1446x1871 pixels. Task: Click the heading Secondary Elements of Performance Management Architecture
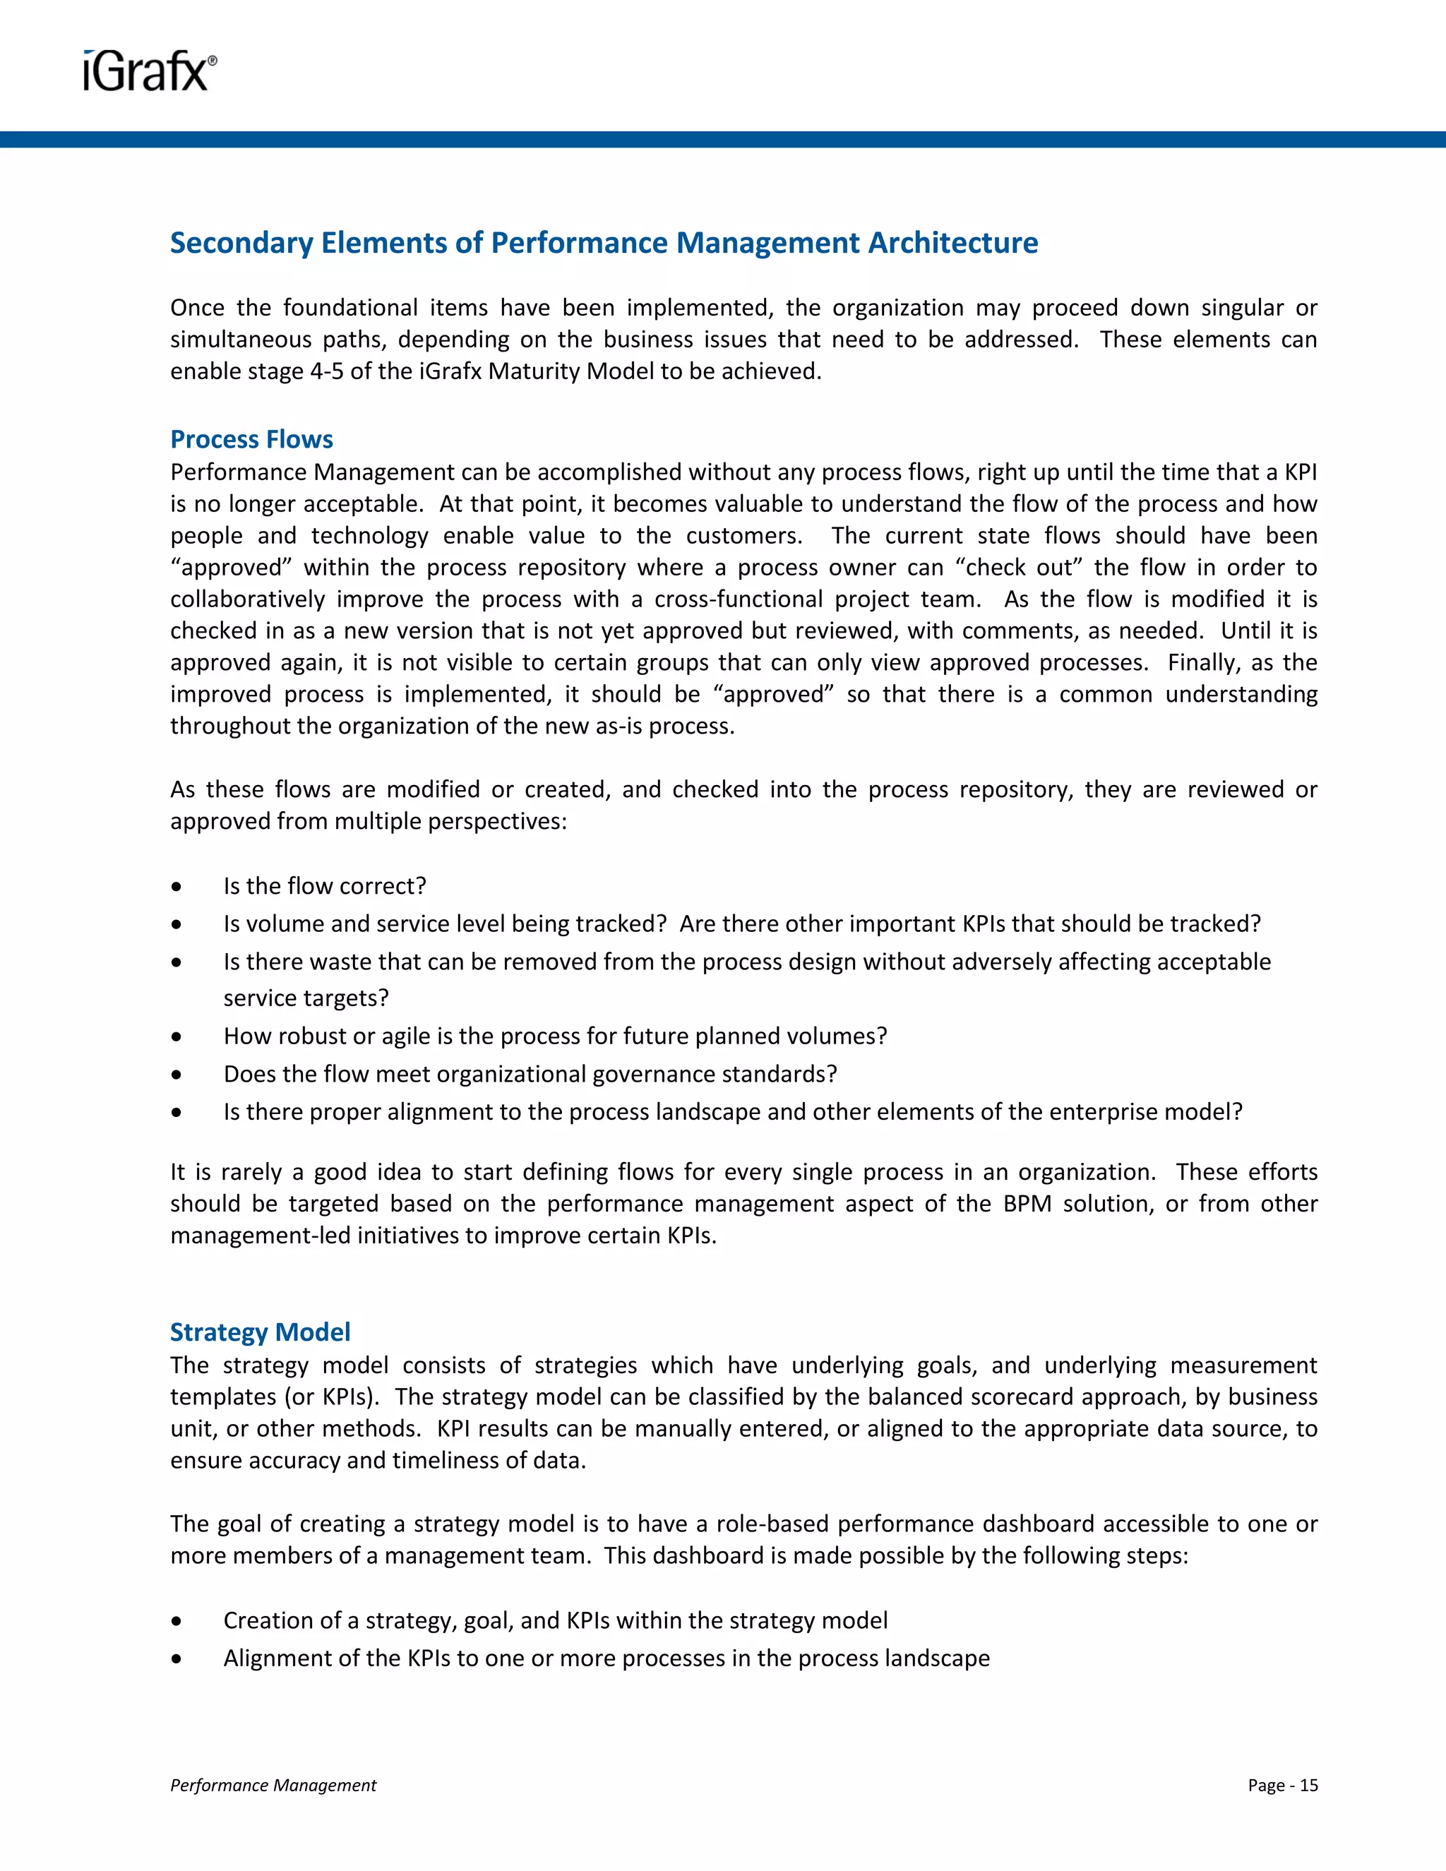(x=603, y=244)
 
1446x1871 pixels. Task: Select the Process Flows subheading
(x=251, y=439)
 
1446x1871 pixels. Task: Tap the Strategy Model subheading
(x=260, y=1332)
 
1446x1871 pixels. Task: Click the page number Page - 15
(x=1282, y=1786)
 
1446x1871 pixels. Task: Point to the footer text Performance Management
(x=273, y=1786)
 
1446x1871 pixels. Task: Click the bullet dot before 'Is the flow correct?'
(x=177, y=887)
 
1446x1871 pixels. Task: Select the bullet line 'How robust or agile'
(x=554, y=1036)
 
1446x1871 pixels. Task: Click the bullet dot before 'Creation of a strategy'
(x=177, y=1621)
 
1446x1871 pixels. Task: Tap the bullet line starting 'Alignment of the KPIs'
(x=606, y=1658)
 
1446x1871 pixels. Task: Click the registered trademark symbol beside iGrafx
(x=213, y=61)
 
